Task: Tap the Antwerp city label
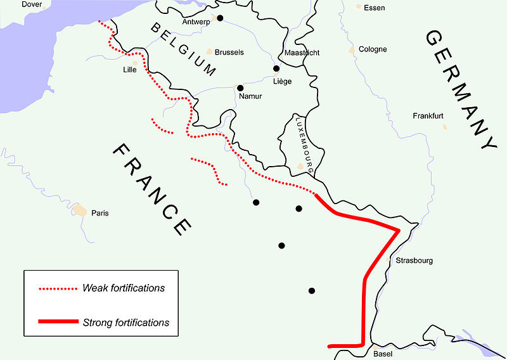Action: click(x=196, y=22)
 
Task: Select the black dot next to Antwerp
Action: click(x=220, y=18)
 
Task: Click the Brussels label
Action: click(x=229, y=53)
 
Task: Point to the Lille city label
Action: click(x=129, y=70)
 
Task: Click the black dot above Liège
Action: click(x=276, y=68)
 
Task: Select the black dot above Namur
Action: click(x=240, y=88)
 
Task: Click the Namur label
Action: click(x=250, y=96)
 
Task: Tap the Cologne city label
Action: click(x=373, y=49)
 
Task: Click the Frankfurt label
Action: click(x=429, y=117)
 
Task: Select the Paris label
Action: click(x=99, y=213)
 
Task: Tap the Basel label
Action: click(x=383, y=354)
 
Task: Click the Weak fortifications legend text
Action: click(x=124, y=288)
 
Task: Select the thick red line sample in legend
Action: click(x=58, y=322)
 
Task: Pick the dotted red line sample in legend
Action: click(x=58, y=289)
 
